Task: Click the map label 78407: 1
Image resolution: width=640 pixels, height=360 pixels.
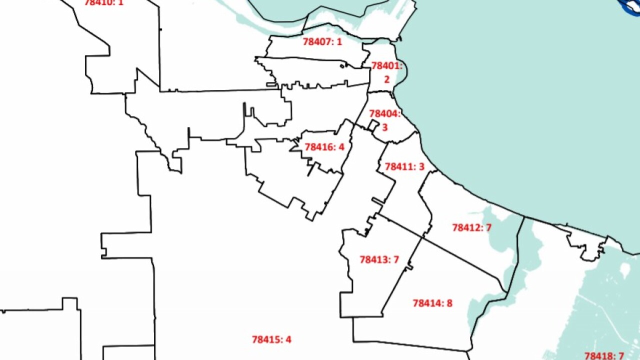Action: pyautogui.click(x=322, y=41)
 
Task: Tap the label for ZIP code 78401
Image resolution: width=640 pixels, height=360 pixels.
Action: pyautogui.click(x=386, y=65)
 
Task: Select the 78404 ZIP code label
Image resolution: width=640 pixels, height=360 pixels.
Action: pyautogui.click(x=385, y=113)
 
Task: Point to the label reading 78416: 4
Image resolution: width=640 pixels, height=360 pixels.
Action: pyautogui.click(x=324, y=147)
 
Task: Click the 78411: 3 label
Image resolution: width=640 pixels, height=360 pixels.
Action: pyautogui.click(x=404, y=166)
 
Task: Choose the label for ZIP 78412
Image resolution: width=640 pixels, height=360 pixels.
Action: pyautogui.click(x=472, y=228)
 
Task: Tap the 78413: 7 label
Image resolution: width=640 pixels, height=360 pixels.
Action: pyautogui.click(x=379, y=259)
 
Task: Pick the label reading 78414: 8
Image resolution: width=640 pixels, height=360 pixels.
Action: pyautogui.click(x=432, y=303)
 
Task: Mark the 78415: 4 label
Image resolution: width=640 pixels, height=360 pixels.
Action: pyautogui.click(x=271, y=339)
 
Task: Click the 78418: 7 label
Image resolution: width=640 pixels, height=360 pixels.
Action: pyautogui.click(x=604, y=355)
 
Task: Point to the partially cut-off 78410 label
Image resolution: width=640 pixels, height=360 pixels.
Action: pyautogui.click(x=103, y=2)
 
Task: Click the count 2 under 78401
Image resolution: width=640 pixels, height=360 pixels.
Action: pyautogui.click(x=386, y=79)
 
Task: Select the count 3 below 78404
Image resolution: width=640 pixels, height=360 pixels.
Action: pyautogui.click(x=384, y=127)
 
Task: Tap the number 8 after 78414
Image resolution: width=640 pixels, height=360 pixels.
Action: pyautogui.click(x=449, y=303)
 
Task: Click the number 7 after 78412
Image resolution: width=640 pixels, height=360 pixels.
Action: pyautogui.click(x=488, y=228)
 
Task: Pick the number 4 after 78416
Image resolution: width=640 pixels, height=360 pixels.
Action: pyautogui.click(x=341, y=147)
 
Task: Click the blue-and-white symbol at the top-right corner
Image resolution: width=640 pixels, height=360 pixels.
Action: pyautogui.click(x=629, y=5)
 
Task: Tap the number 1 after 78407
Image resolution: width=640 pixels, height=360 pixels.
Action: pyautogui.click(x=339, y=41)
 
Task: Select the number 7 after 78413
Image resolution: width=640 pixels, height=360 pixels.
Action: pyautogui.click(x=395, y=259)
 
